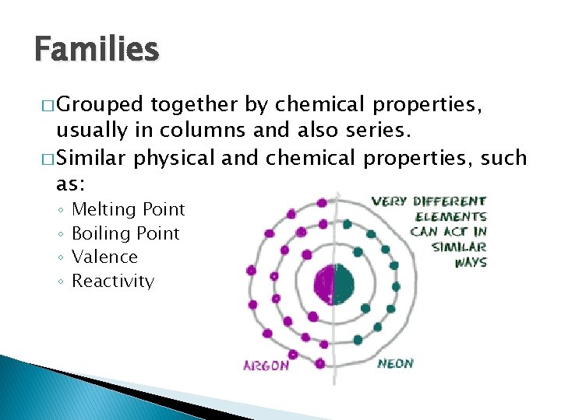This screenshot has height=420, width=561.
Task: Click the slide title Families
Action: pos(97,50)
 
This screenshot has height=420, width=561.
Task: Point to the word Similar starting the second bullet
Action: pos(93,159)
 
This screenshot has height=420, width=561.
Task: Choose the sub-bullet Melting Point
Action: pos(128,209)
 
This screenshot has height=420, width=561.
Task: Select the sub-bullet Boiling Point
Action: pos(125,233)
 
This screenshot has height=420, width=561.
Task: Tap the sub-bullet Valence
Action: pos(104,257)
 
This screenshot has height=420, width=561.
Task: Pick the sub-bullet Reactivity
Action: pos(113,281)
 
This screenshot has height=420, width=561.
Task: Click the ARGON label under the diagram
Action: pos(266,364)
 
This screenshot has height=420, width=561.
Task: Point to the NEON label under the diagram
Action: pos(396,363)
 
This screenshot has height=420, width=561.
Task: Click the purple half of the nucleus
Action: pos(323,284)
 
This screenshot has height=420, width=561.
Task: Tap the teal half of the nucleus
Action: pos(344,284)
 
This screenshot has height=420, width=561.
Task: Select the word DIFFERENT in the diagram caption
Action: pos(450,201)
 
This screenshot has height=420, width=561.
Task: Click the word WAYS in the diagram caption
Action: pos(471,262)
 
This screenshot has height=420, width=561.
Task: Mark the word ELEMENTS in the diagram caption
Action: pos(451,217)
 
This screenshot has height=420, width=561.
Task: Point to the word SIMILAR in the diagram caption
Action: pos(459,247)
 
